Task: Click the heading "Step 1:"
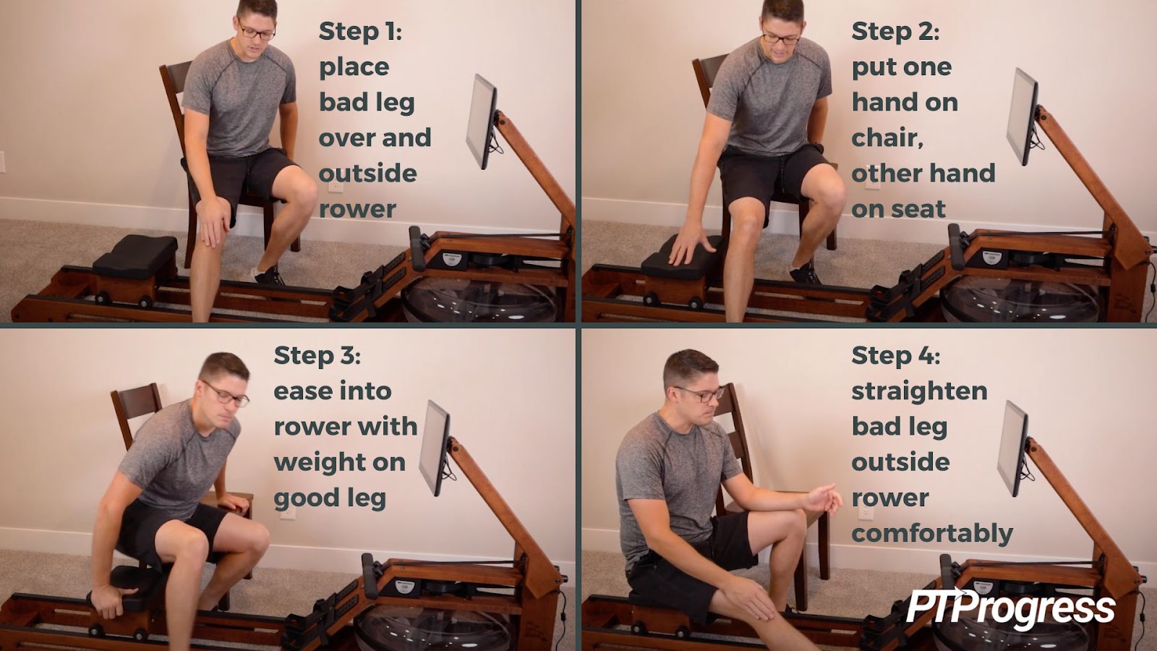360,31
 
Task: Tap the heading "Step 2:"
895,31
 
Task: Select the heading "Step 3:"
317,355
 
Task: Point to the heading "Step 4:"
896,355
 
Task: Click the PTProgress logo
1010,608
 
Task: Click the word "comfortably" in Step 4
932,534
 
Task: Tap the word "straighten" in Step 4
919,391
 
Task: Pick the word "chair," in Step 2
887,138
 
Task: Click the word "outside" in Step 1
368,173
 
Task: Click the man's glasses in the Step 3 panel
226,394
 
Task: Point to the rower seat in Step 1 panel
135,256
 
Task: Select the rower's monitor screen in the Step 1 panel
482,122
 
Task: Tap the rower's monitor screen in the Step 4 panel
1012,448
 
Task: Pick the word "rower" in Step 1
357,210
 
